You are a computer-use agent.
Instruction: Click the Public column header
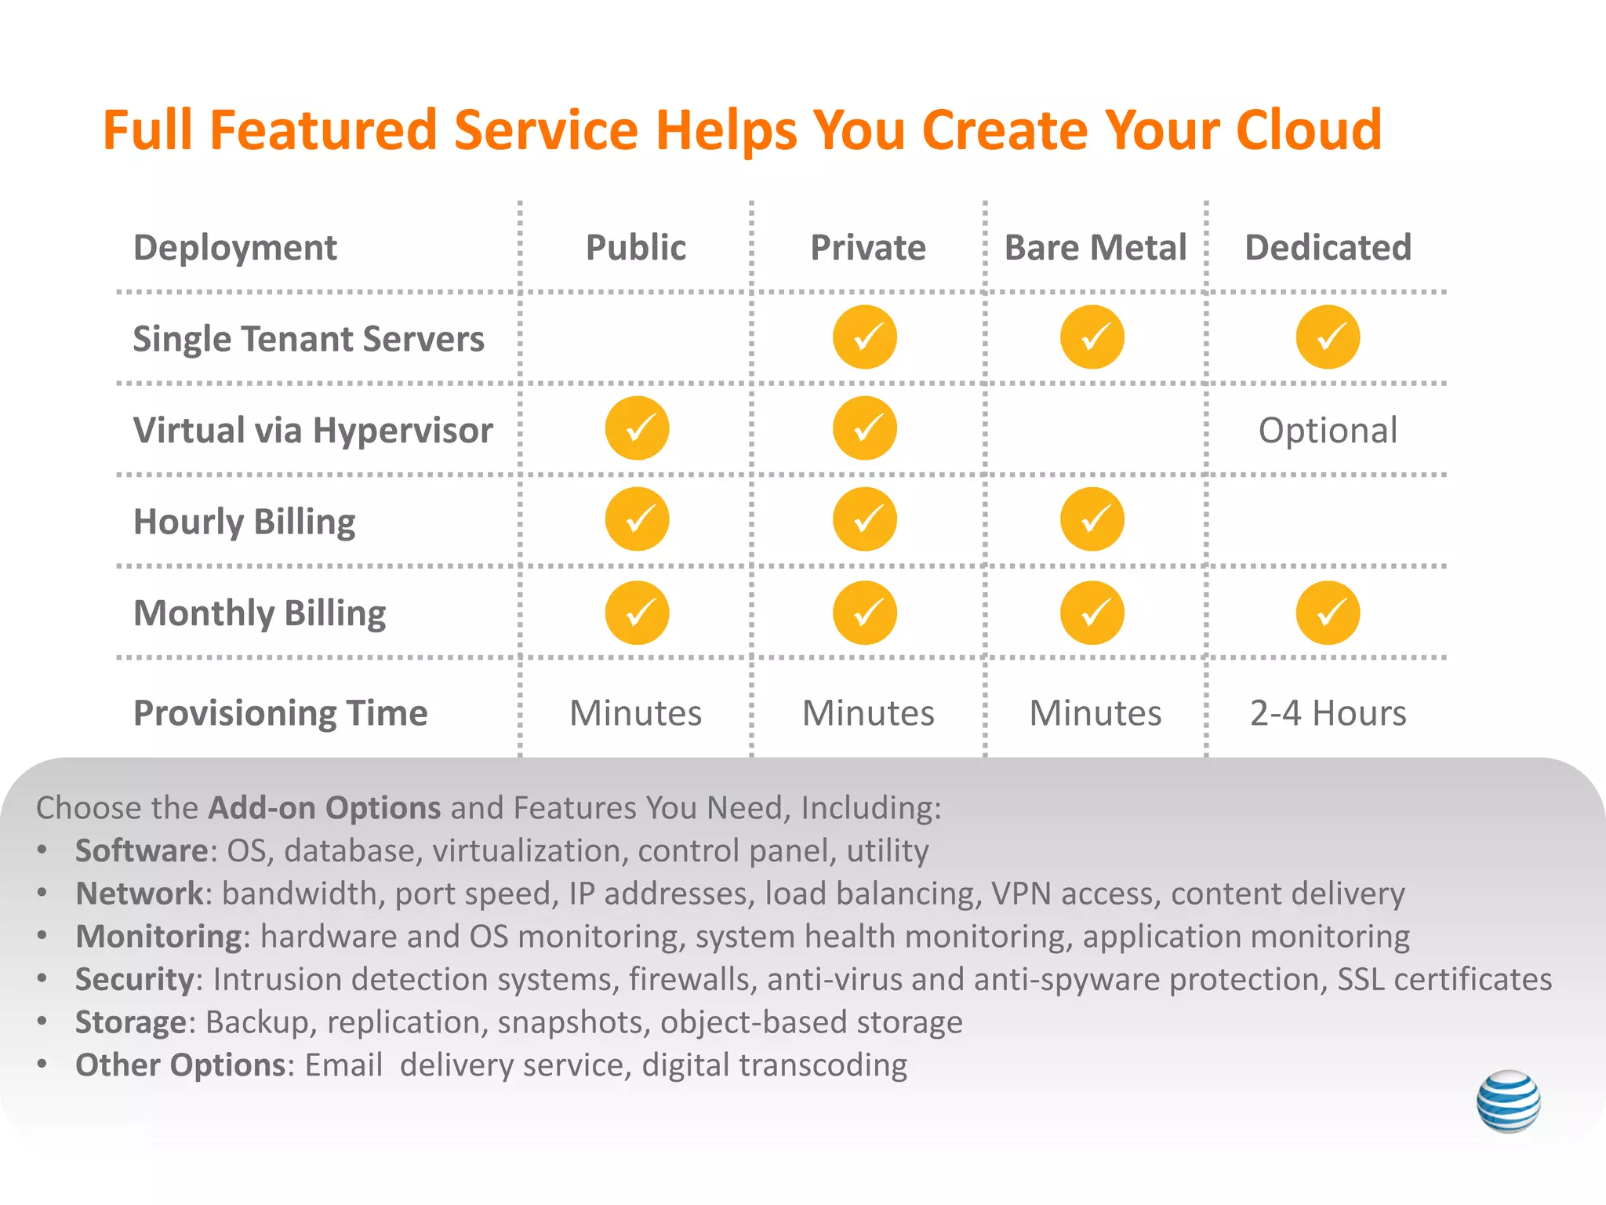point(636,248)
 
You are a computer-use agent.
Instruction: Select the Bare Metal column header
point(1095,248)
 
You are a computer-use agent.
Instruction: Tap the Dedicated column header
point(1328,248)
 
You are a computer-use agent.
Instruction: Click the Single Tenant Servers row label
point(308,339)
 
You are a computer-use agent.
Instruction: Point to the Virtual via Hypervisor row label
point(313,430)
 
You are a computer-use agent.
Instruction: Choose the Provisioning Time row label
point(280,713)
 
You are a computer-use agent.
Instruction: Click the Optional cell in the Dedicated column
point(1328,430)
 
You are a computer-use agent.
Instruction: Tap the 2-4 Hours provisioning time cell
point(1328,713)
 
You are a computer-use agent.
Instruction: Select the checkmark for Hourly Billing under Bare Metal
point(1092,519)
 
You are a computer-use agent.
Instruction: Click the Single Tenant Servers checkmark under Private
point(864,337)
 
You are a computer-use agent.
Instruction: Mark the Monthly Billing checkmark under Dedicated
point(1328,613)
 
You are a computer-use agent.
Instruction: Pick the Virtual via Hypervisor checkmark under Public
point(637,428)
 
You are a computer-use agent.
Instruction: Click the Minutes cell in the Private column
point(868,713)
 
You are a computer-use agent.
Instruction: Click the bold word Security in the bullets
point(134,979)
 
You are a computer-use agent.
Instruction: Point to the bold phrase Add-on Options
point(324,808)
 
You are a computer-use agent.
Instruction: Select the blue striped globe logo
point(1508,1101)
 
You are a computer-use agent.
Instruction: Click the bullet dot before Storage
point(42,1021)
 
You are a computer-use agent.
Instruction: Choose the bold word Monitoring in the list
point(158,937)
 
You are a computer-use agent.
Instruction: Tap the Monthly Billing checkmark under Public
point(637,613)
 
